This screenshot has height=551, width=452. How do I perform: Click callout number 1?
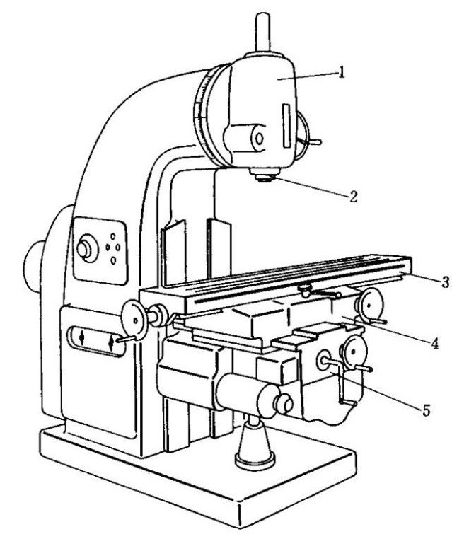[341, 73]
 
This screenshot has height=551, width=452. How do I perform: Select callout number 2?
[353, 197]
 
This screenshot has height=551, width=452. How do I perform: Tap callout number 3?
[446, 282]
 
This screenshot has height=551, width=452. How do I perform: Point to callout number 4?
[435, 343]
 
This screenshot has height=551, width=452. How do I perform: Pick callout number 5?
[426, 410]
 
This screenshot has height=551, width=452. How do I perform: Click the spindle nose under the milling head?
[265, 175]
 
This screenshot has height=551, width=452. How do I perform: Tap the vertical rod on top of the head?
[263, 33]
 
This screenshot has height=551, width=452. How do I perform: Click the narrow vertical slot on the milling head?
[286, 125]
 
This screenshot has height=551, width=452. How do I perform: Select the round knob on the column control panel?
[86, 248]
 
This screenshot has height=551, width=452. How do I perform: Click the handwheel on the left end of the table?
[134, 320]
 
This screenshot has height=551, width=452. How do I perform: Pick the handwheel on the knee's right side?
[354, 352]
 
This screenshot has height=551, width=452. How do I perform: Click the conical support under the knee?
[255, 443]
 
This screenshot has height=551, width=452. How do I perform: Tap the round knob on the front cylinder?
[284, 404]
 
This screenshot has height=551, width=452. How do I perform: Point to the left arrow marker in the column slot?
[82, 338]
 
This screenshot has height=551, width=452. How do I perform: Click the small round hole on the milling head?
[260, 139]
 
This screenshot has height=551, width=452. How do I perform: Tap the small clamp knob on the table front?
[305, 289]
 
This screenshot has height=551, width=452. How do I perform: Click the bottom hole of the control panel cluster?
[113, 260]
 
